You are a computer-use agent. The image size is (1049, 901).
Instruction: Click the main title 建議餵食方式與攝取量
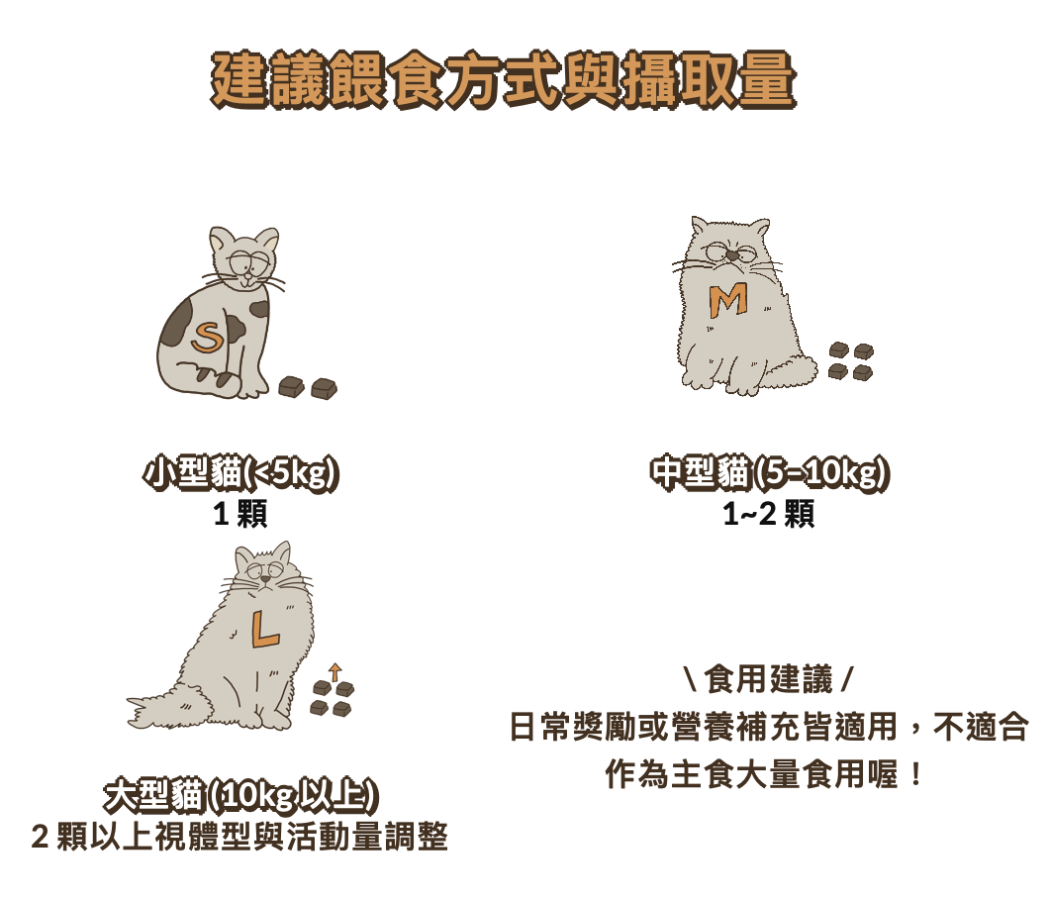coord(503,79)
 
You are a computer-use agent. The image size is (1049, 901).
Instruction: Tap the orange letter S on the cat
coord(208,338)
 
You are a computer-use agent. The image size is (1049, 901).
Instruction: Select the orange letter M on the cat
coord(728,301)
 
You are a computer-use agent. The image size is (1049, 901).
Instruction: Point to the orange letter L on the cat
coord(264,630)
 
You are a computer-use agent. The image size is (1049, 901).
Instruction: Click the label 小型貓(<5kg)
coord(240,473)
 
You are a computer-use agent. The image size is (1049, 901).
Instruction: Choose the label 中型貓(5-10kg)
coord(770,473)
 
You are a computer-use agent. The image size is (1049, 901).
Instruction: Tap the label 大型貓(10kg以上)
coord(241,797)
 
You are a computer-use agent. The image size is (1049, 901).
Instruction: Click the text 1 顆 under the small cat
coord(240,514)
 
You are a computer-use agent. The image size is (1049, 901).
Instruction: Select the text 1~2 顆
coord(769,514)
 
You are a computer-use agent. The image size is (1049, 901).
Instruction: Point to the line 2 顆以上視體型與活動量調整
coord(239,837)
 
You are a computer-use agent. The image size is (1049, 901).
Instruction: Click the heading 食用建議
coord(769,679)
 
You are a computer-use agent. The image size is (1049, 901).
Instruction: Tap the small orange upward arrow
coord(335,672)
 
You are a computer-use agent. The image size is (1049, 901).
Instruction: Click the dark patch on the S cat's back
coord(176,323)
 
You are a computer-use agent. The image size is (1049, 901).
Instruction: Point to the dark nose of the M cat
coord(734,255)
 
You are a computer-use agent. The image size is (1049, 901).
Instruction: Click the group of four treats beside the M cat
coord(851,361)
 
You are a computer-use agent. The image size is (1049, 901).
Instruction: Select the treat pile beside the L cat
coord(333,698)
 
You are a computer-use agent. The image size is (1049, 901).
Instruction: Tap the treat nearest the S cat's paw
coord(292,386)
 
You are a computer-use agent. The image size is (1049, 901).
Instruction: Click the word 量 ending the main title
coord(767,79)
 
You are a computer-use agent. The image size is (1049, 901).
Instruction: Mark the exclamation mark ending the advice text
coord(915,774)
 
